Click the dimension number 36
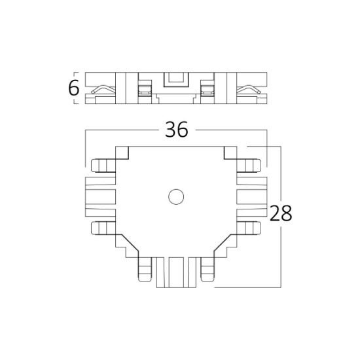tap(176, 130)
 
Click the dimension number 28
tap(281, 213)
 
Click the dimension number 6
tap(74, 88)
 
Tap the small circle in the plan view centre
tap(176, 197)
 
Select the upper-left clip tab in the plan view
tap(103, 166)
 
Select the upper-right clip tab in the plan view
tap(249, 166)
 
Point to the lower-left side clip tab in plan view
tap(103, 228)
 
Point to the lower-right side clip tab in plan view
tap(249, 228)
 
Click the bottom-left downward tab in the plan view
tap(145, 270)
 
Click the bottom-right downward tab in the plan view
tap(207, 270)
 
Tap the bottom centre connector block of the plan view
tap(176, 272)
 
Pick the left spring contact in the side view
tap(103, 90)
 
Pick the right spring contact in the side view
tap(249, 90)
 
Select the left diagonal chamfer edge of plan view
tap(130, 243)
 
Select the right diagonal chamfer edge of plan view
tap(223, 243)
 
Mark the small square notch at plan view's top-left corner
tap(122, 153)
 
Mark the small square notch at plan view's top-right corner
tap(230, 153)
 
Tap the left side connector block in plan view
tap(100, 197)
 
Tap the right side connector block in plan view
tap(252, 197)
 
